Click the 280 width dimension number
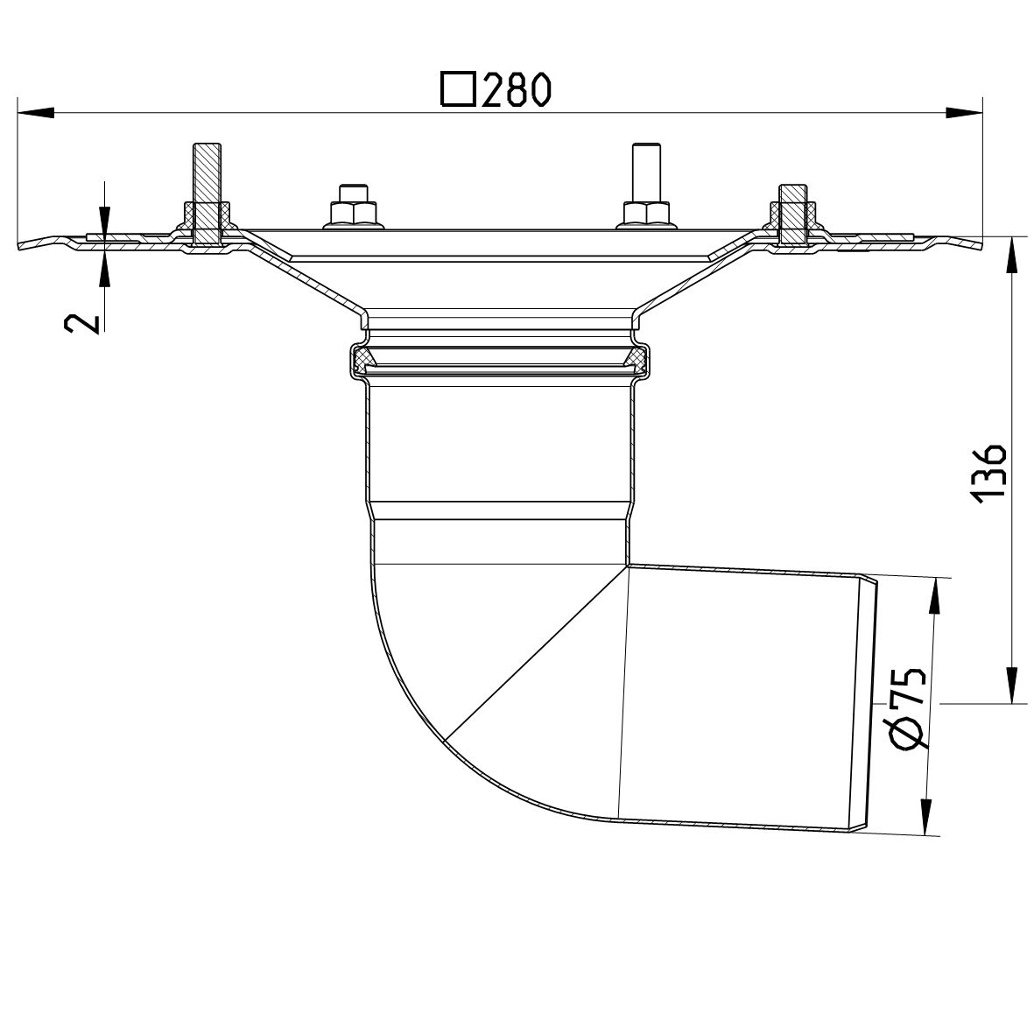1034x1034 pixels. (x=517, y=90)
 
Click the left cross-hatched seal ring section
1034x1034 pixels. (x=362, y=358)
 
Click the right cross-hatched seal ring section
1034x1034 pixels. (x=637, y=358)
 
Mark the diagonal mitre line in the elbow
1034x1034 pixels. (x=536, y=653)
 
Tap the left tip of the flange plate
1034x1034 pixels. (x=23, y=245)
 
